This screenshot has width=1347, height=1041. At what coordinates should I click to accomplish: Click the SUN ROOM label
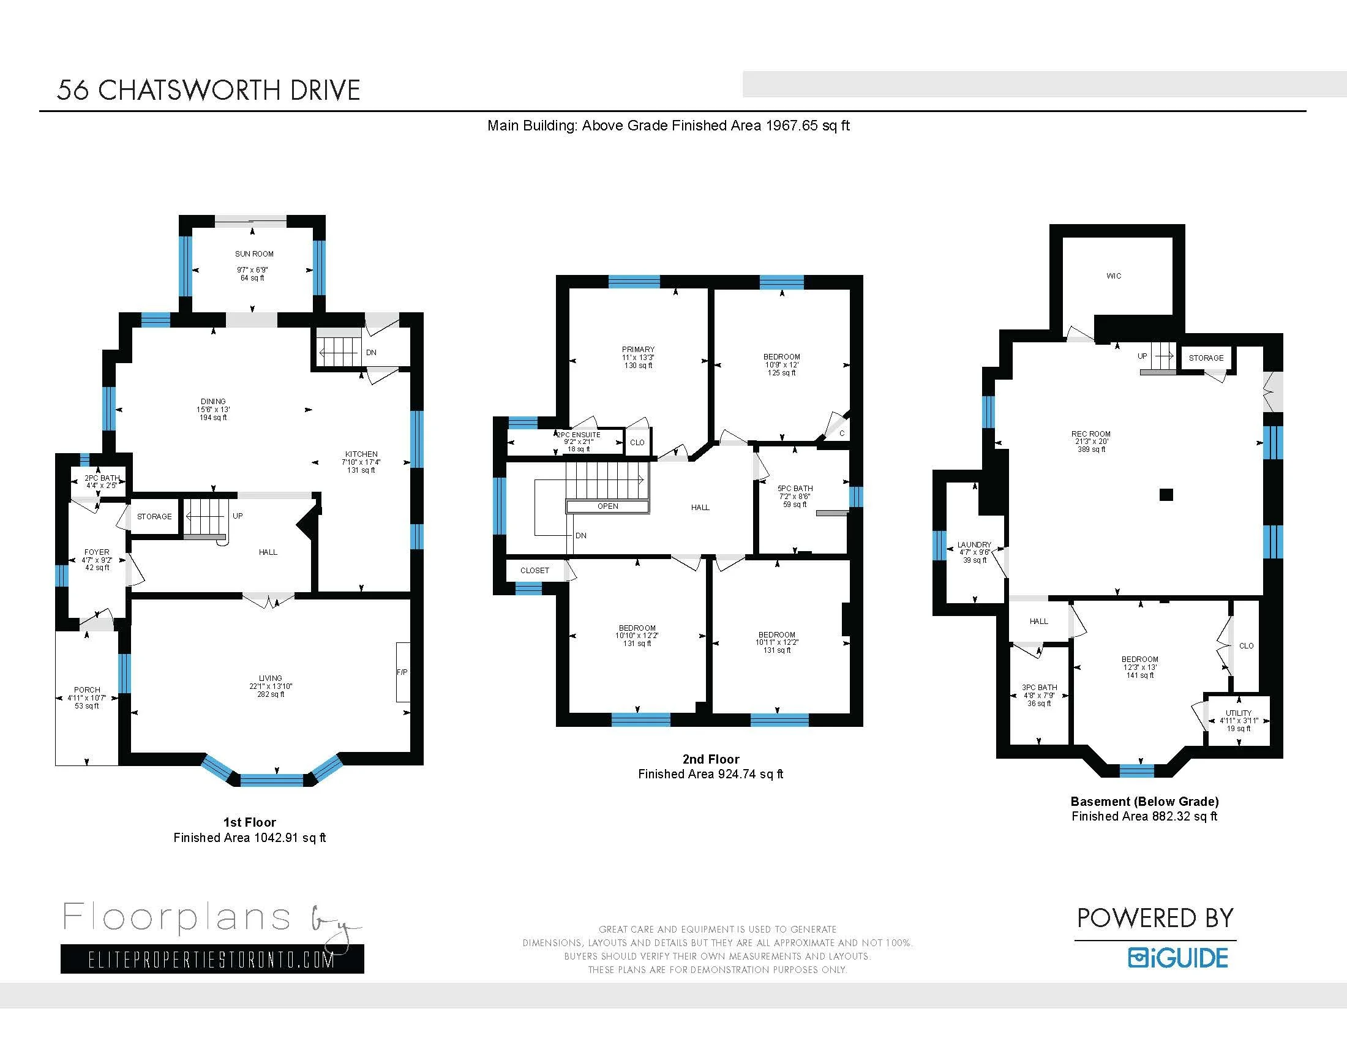pyautogui.click(x=254, y=254)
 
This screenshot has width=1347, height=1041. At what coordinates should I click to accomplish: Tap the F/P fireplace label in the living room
pyautogui.click(x=402, y=672)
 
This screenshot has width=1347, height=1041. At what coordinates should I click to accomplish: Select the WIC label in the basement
pyautogui.click(x=1114, y=276)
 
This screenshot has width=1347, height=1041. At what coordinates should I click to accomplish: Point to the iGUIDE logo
pyautogui.click(x=1178, y=958)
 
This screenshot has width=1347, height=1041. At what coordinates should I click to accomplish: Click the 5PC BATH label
pyautogui.click(x=795, y=489)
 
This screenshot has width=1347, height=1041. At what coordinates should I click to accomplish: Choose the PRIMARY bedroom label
pyautogui.click(x=639, y=349)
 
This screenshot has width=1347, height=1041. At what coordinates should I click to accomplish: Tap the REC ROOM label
pyautogui.click(x=1091, y=434)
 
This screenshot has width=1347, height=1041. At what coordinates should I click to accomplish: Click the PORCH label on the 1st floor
pyautogui.click(x=87, y=690)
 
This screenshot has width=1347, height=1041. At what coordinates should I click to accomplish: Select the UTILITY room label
pyautogui.click(x=1239, y=713)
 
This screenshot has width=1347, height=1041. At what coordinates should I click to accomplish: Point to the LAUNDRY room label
pyautogui.click(x=975, y=544)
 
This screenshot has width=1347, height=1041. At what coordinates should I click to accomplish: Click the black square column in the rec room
pyautogui.click(x=1166, y=495)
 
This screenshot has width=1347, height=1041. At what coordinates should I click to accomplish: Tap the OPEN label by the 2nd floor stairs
pyautogui.click(x=607, y=506)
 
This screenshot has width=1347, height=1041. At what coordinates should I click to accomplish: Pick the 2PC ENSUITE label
pyautogui.click(x=579, y=435)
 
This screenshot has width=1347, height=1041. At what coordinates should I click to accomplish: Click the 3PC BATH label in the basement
pyautogui.click(x=1039, y=687)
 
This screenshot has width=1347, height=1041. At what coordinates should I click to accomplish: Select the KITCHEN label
pyautogui.click(x=361, y=454)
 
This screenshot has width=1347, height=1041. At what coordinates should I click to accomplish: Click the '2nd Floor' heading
pyautogui.click(x=710, y=759)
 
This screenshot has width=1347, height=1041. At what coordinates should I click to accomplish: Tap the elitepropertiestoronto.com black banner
pyautogui.click(x=212, y=959)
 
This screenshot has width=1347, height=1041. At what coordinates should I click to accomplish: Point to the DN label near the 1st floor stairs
pyautogui.click(x=371, y=353)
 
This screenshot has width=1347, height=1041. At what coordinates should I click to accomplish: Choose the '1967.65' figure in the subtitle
pyautogui.click(x=792, y=126)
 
